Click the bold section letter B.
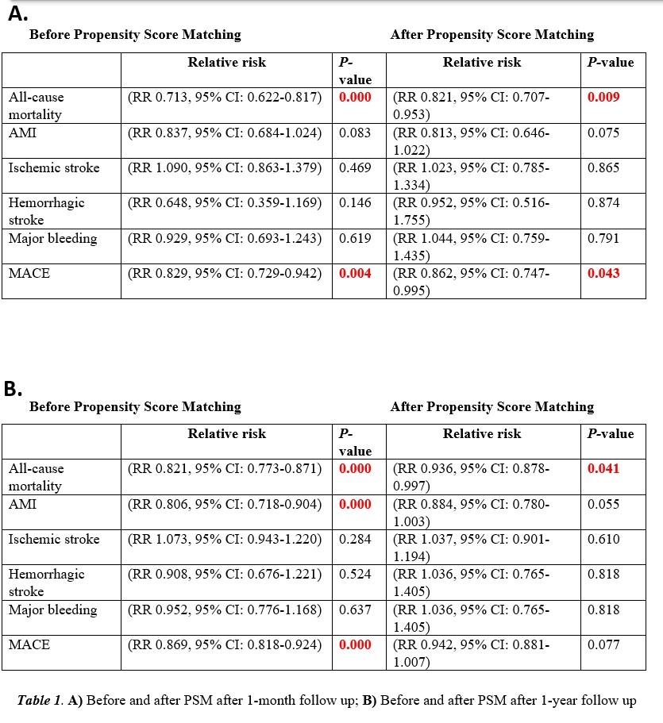(x=13, y=388)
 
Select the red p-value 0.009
(x=603, y=98)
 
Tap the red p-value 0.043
(x=603, y=274)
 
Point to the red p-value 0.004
(x=355, y=274)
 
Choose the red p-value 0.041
(x=603, y=469)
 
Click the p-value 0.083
(x=355, y=133)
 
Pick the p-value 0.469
(x=355, y=168)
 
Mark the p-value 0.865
(x=603, y=168)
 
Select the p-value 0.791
(x=603, y=239)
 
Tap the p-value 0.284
(x=355, y=540)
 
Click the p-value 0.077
(x=603, y=645)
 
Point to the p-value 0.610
(x=603, y=540)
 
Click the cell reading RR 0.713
(x=225, y=98)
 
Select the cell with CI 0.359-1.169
(x=225, y=203)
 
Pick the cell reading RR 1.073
(x=225, y=540)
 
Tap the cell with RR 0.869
(x=225, y=645)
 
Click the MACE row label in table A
(x=29, y=274)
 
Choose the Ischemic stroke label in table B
(x=54, y=540)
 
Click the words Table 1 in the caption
(x=40, y=702)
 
